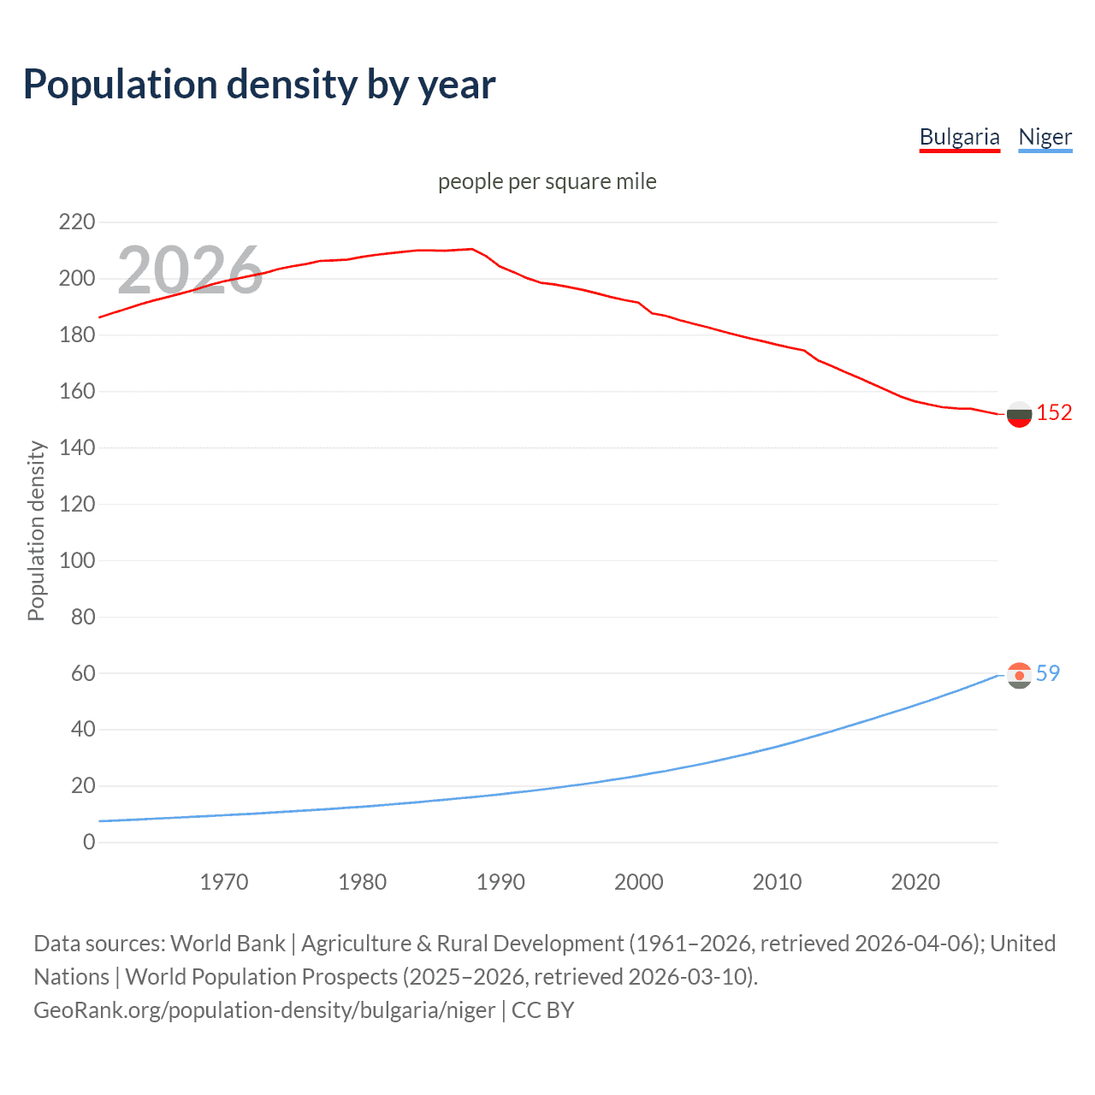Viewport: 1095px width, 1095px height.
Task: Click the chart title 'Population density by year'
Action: [x=259, y=84]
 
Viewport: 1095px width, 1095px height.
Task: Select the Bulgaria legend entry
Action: [x=959, y=137]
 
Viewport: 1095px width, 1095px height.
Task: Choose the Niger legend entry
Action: [x=1045, y=137]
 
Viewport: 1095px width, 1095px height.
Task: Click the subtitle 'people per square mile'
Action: [x=547, y=181]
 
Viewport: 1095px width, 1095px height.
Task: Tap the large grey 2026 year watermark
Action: [x=190, y=269]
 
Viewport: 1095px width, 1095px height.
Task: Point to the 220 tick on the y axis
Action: [x=77, y=222]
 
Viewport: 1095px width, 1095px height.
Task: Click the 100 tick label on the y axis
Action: [x=77, y=560]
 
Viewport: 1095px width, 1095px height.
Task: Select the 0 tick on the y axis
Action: [x=89, y=842]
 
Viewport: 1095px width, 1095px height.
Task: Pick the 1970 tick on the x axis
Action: [x=224, y=882]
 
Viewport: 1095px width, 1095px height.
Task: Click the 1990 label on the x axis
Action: [x=500, y=882]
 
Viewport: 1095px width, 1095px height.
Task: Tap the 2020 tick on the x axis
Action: [x=915, y=882]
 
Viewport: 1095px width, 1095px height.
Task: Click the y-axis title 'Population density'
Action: [x=36, y=530]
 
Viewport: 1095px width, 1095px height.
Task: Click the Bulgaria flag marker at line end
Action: [x=1019, y=414]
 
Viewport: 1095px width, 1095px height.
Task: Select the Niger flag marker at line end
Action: [x=1019, y=676]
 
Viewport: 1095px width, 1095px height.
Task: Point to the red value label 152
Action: [x=1054, y=412]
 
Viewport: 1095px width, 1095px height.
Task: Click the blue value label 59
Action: [x=1048, y=673]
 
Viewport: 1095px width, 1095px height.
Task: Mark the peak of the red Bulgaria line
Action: [x=471, y=249]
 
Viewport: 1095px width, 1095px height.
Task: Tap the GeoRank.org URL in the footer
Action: [x=264, y=1009]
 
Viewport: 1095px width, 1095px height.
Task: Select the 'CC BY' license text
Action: [x=542, y=1009]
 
